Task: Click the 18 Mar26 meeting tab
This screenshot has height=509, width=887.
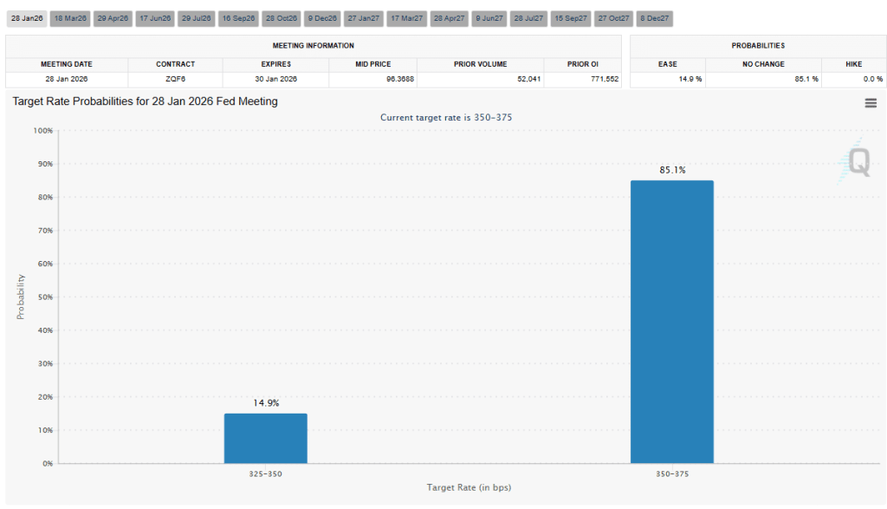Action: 70,18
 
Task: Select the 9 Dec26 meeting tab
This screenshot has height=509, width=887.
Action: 323,18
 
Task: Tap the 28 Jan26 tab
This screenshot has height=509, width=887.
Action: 26,18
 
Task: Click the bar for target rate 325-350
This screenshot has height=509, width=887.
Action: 265,438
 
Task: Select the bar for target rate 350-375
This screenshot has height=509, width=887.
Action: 672,322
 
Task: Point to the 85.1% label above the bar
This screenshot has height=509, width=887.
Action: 672,170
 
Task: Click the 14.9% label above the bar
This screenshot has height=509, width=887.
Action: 265,403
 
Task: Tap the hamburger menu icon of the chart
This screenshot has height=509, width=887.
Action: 870,103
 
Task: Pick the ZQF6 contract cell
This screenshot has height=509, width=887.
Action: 175,79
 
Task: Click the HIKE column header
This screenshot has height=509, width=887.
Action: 853,64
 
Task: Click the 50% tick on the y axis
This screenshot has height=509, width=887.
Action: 42,297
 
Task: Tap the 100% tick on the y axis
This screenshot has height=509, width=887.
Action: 42,131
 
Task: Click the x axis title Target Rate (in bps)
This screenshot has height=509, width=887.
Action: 469,487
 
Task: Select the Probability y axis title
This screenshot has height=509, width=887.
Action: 21,297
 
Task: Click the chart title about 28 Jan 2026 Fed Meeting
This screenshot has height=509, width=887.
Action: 145,101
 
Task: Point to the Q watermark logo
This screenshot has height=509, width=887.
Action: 858,161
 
